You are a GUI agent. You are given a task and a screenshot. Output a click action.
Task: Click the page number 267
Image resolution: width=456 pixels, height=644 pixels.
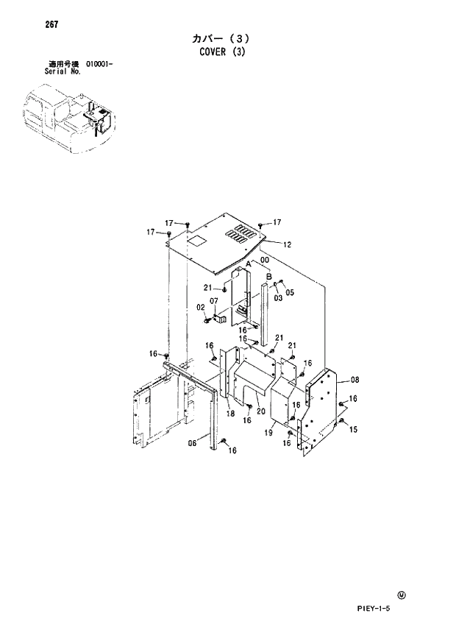(x=51, y=24)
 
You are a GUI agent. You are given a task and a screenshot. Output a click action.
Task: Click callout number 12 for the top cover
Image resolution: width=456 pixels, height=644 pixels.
(x=287, y=244)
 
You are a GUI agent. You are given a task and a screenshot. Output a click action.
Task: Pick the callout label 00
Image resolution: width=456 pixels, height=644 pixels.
(x=264, y=260)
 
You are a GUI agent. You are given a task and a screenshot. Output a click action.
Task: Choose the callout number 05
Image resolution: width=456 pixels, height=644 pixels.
(x=290, y=292)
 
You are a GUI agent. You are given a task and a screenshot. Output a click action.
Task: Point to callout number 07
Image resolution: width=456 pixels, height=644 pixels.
(x=213, y=302)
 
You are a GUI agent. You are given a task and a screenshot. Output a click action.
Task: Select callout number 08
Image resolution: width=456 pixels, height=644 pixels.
(x=355, y=380)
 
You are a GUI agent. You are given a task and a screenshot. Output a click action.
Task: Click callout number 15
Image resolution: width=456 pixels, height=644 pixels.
(x=354, y=429)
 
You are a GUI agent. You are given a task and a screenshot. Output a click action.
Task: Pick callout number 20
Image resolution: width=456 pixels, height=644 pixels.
(x=260, y=411)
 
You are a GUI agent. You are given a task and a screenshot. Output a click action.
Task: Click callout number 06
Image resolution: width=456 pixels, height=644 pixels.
(x=192, y=444)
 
